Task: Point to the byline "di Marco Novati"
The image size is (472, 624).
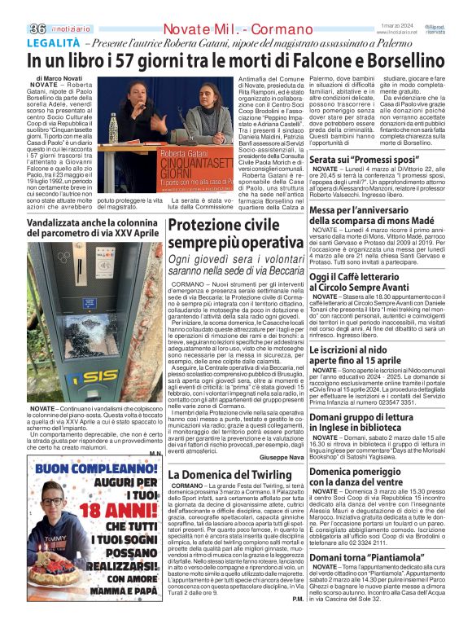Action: click(x=61, y=78)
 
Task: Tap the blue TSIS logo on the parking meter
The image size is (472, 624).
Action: click(x=78, y=375)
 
